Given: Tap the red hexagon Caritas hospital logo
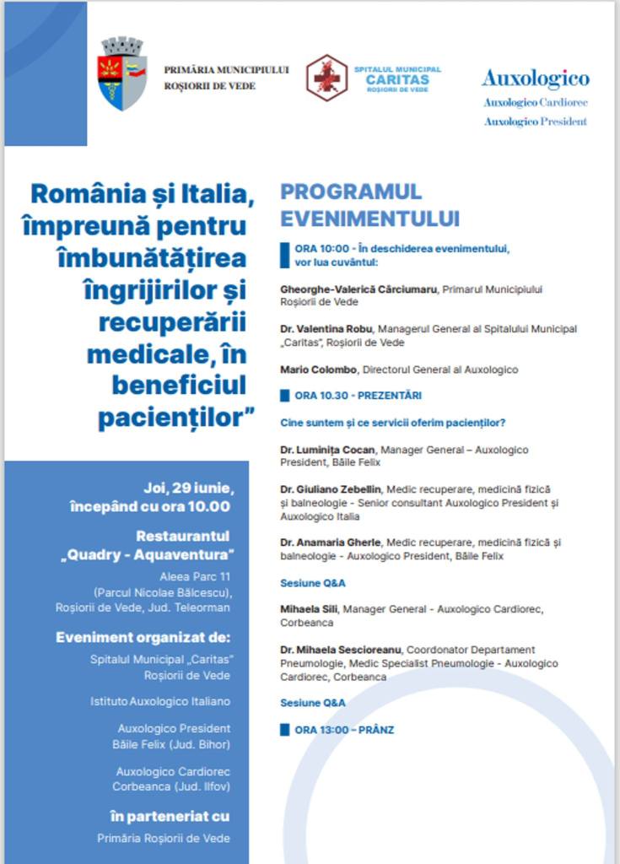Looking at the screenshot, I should (x=326, y=78).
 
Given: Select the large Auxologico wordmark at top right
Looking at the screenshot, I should (x=536, y=79).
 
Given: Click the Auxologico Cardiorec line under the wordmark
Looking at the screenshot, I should (x=536, y=103).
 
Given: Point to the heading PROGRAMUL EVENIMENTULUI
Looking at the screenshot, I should (x=369, y=205).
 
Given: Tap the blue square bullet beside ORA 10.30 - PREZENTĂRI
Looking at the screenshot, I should (x=285, y=395).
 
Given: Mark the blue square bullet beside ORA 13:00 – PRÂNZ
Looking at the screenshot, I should (x=285, y=729).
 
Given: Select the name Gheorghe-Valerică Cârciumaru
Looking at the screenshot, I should (x=359, y=289).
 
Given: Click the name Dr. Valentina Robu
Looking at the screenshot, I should (x=326, y=329).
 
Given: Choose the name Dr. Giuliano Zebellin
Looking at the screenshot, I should (x=331, y=489).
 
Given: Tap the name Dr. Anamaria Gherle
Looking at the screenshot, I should (x=331, y=543).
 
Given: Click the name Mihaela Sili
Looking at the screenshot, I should (x=309, y=609).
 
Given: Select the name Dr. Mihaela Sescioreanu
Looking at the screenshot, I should (x=341, y=651).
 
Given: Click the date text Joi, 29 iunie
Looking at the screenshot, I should (x=188, y=489).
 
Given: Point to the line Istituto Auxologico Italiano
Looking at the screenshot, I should (x=160, y=701).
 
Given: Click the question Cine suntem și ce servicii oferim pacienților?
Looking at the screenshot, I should (x=398, y=423).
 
